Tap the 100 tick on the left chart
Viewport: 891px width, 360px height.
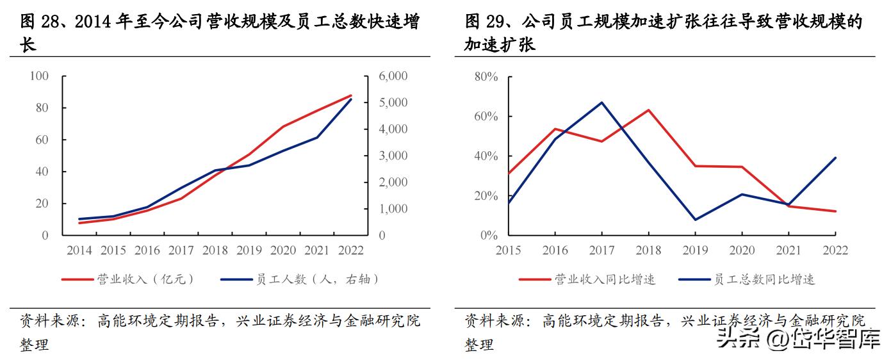point(40,76)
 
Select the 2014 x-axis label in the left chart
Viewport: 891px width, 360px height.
point(79,250)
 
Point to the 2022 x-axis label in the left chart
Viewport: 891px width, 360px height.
point(350,250)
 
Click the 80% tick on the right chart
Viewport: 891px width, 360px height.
point(486,77)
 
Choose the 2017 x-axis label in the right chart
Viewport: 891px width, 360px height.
point(602,250)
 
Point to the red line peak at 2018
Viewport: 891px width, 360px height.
point(649,110)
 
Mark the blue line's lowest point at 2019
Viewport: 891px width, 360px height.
point(696,220)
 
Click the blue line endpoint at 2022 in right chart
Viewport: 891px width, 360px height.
point(836,158)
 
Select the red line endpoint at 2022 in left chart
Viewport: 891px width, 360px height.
point(351,95)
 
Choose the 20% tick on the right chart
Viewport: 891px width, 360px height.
point(486,196)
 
